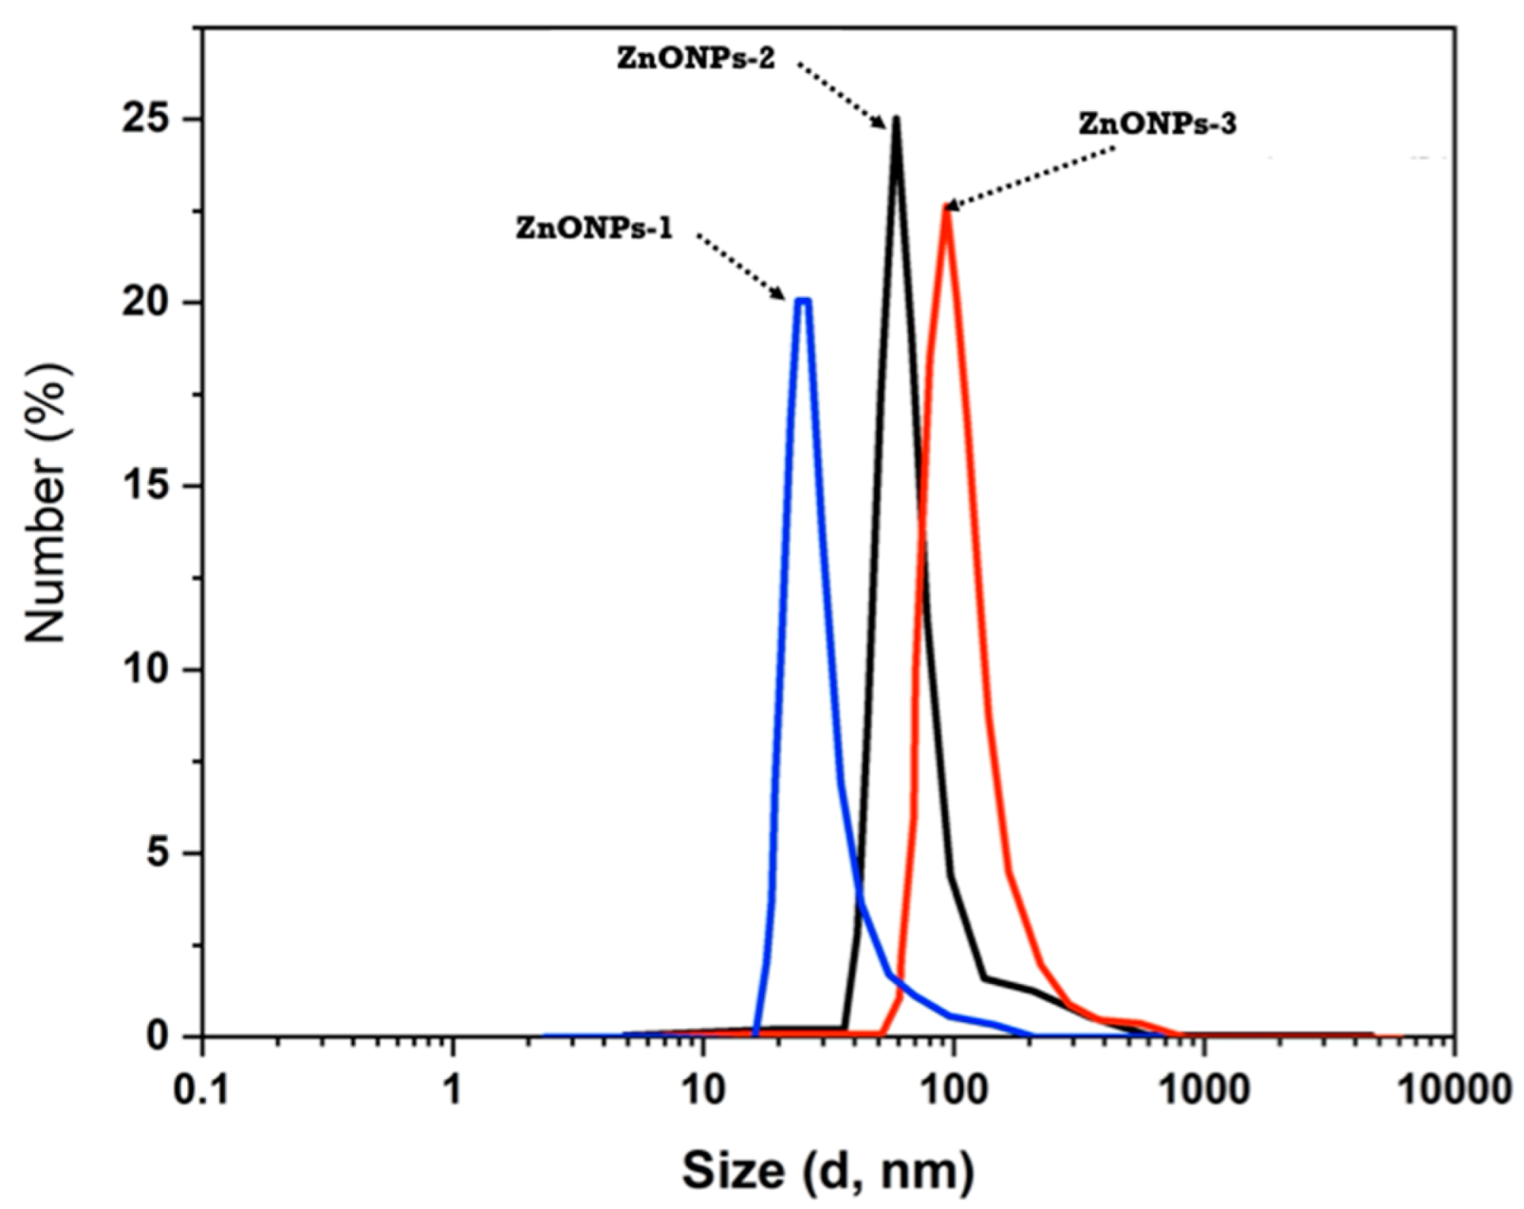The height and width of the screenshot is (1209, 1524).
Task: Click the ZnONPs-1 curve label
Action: pyautogui.click(x=594, y=228)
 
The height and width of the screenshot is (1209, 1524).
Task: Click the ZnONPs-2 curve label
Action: pyautogui.click(x=696, y=59)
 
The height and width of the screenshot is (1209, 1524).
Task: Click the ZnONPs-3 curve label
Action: pyautogui.click(x=1156, y=124)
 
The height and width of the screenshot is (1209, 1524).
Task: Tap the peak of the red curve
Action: pyautogui.click(x=945, y=209)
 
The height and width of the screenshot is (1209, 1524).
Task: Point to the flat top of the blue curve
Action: pyautogui.click(x=804, y=300)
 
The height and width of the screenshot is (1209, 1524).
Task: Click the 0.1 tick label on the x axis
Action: pyautogui.click(x=202, y=1091)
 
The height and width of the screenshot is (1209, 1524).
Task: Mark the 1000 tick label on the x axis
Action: pyautogui.click(x=1204, y=1091)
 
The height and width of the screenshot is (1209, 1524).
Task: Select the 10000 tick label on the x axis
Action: pyautogui.click(x=1453, y=1091)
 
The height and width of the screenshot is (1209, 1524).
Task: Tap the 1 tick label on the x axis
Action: pyautogui.click(x=452, y=1091)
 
